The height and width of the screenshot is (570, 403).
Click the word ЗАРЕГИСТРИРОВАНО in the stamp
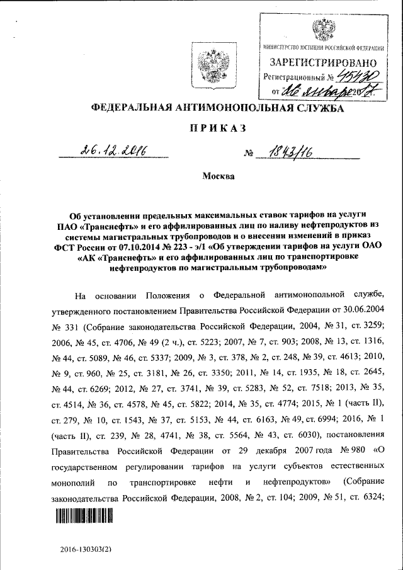point(323,63)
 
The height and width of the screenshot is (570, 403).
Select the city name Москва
point(218,176)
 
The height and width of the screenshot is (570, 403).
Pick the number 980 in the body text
point(350,452)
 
